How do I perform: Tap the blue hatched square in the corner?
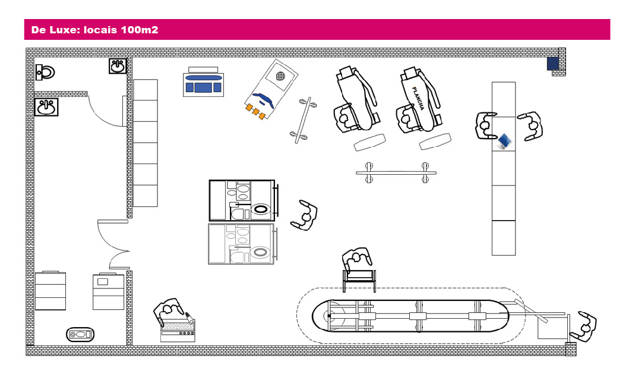point(553,63)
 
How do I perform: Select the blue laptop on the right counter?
point(504,141)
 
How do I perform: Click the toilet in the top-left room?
point(45,72)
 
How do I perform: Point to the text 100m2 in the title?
point(139,29)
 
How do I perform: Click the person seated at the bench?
point(358,259)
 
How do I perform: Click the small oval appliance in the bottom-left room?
point(80,334)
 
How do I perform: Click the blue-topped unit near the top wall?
point(203,84)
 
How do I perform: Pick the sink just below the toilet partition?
point(46,108)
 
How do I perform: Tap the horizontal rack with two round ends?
point(396,172)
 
